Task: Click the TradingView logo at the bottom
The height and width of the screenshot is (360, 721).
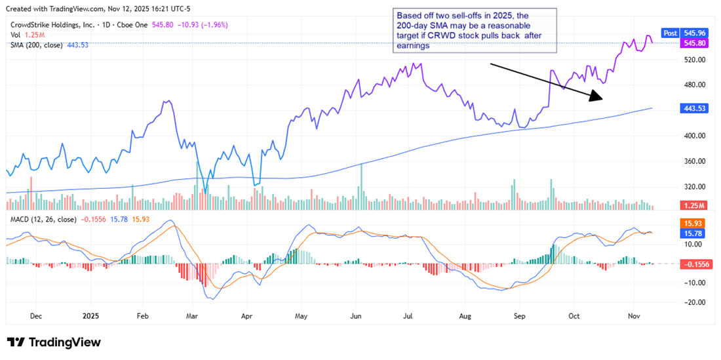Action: click(54, 342)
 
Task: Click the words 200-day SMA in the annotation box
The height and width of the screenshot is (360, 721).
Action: click(420, 24)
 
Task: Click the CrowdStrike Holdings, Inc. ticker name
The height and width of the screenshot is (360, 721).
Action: click(54, 24)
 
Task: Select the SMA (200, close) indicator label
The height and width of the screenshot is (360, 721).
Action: click(37, 45)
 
